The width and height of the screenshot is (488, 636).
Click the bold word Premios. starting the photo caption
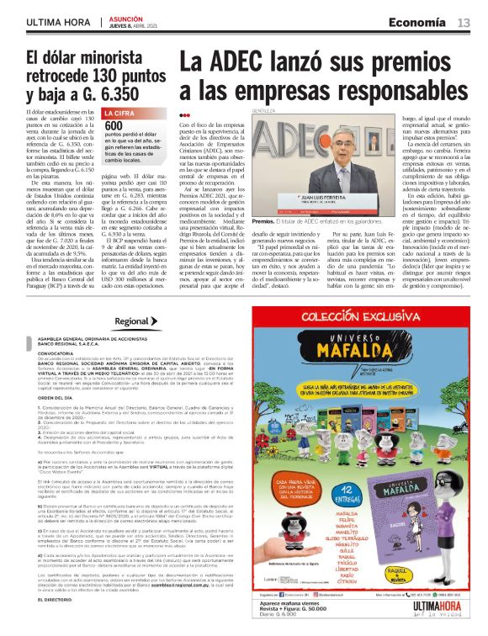click(x=263, y=198)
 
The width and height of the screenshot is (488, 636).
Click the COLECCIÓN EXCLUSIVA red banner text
click(x=371, y=318)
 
